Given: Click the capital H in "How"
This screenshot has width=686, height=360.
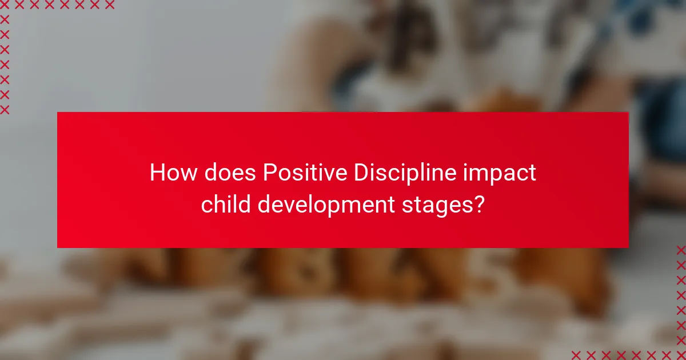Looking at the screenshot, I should click(x=157, y=173).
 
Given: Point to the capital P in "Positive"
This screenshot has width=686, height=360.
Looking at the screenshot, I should click(x=269, y=173).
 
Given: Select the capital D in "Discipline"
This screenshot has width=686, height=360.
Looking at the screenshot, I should click(x=360, y=173).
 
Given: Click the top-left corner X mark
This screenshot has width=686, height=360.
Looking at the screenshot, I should click(x=5, y=5).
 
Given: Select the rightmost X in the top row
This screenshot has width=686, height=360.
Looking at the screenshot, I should click(x=109, y=5).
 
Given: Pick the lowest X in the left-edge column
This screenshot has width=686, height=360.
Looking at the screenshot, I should click(x=5, y=109).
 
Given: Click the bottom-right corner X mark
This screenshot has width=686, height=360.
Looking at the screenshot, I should click(x=681, y=354).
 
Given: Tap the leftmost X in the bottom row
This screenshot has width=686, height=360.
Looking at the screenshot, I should click(x=577, y=354).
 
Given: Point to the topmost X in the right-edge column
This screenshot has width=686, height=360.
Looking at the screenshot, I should click(x=681, y=250).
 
